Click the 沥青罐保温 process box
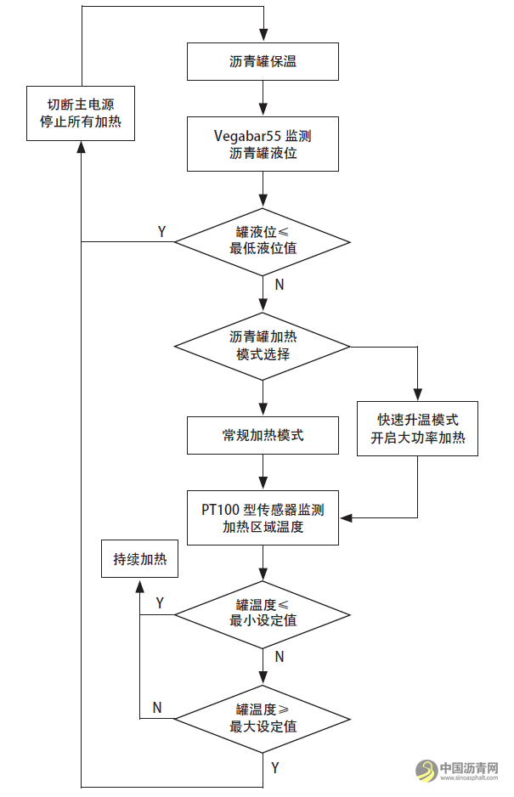click(263, 61)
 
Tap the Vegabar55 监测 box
click(263, 144)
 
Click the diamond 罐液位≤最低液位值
click(263, 240)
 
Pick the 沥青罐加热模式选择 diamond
click(263, 346)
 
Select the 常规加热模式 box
click(263, 435)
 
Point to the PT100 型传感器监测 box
click(263, 517)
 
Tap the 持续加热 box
click(140, 559)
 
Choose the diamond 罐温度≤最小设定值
click(263, 613)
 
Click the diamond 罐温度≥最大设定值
click(263, 718)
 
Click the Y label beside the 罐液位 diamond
click(162, 231)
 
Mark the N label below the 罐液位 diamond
click(279, 285)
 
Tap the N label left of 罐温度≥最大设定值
click(157, 708)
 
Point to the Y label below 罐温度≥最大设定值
click(274, 767)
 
